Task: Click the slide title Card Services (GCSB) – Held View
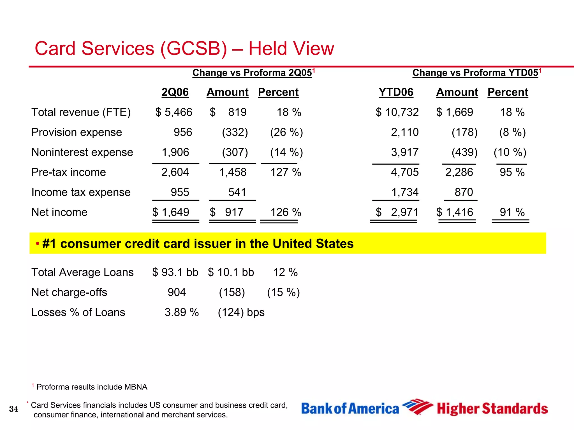184,49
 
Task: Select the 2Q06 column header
175,92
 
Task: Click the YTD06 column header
396,92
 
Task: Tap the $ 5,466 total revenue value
174,112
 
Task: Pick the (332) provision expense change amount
235,132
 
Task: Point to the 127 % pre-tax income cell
286,172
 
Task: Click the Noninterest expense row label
82,152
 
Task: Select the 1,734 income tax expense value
405,192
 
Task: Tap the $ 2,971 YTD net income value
397,212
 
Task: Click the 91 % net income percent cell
512,212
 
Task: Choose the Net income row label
59,212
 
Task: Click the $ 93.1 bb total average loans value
175,272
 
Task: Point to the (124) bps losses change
241,312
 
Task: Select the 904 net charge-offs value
177,292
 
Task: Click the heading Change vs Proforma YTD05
475,73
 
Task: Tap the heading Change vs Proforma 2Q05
252,73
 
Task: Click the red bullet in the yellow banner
37,244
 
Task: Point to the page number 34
13,409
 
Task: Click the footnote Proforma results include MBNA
92,387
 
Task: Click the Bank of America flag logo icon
417,407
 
